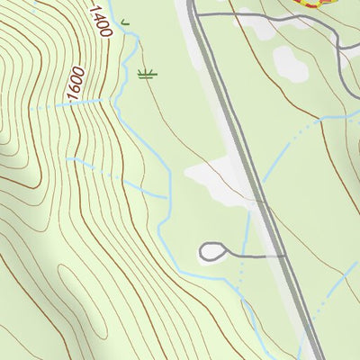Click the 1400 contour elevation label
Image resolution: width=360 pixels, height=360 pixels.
[100, 20]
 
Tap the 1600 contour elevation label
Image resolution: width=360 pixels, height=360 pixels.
[76, 82]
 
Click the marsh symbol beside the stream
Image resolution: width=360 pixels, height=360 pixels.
[147, 74]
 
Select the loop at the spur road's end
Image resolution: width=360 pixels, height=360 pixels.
[213, 252]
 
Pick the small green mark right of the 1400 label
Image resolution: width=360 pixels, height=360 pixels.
[124, 19]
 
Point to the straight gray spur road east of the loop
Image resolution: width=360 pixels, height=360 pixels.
[261, 256]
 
